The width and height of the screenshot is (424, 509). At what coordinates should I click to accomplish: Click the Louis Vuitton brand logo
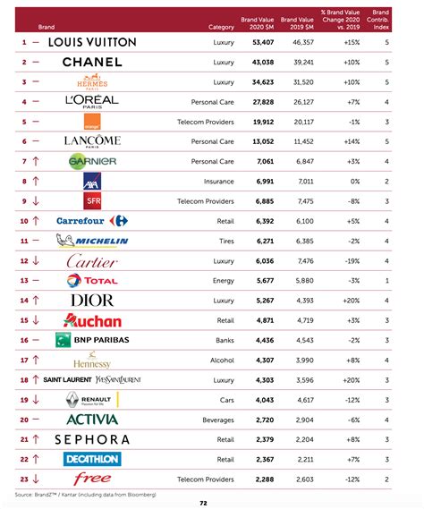point(92,42)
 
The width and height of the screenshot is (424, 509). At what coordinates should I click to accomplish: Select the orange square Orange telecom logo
point(92,121)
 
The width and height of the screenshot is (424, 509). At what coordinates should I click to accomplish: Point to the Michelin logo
point(92,241)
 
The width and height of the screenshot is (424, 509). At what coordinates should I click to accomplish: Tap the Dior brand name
point(92,300)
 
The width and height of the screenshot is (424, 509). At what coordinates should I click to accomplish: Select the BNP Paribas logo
point(92,340)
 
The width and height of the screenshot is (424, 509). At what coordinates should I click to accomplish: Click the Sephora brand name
point(92,439)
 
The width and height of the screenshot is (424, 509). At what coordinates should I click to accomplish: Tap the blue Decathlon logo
point(92,459)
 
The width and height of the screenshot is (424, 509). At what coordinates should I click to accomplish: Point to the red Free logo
point(92,479)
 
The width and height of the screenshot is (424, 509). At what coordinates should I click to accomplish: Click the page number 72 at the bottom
point(204,503)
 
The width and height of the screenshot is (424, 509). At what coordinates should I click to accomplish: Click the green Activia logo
point(92,419)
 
